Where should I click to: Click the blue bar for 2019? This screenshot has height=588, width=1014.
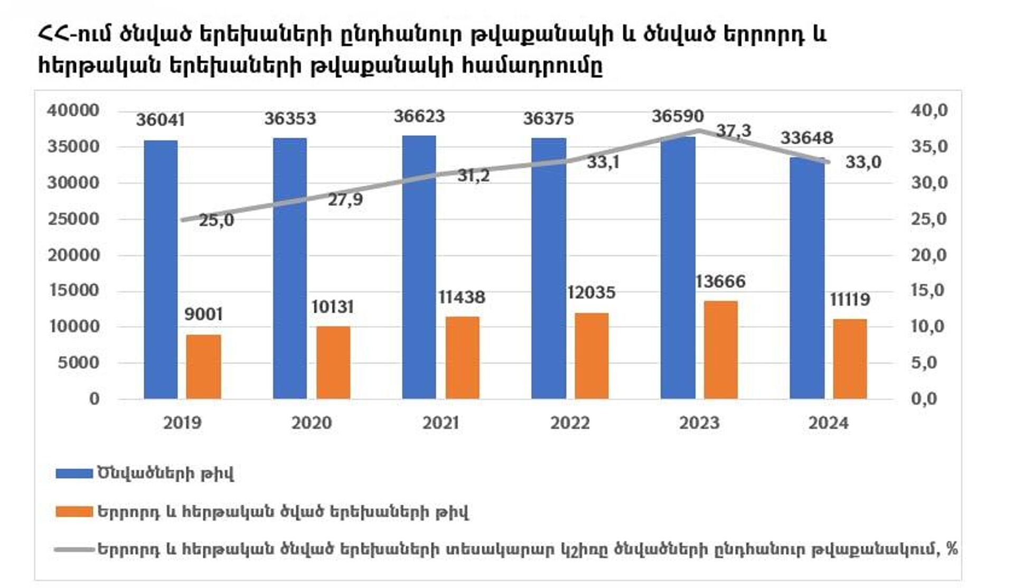161,269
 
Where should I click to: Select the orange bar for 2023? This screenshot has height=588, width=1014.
720,350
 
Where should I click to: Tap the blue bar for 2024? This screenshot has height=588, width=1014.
807,278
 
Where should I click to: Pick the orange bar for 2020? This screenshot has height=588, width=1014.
333,362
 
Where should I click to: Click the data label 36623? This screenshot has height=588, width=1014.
419,116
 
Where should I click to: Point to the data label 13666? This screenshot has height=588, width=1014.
720,282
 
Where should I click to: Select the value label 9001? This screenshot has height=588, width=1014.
203,314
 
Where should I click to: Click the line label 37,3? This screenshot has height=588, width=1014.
733,130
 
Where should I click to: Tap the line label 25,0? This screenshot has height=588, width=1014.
216,220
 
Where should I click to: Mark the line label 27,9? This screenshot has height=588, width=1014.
345,200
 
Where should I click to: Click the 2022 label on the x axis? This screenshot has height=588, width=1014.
570,423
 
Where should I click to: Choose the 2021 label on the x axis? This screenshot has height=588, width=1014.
440,423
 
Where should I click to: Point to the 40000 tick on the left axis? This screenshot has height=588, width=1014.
73,110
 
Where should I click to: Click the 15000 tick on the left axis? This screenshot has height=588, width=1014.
73,291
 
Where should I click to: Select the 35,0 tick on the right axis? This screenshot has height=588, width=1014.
929,146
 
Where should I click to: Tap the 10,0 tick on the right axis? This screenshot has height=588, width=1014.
929,326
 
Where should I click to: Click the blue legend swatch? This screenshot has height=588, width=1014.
74,473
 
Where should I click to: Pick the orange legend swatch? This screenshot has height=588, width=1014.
74,511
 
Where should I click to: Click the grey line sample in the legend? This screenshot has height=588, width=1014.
74,549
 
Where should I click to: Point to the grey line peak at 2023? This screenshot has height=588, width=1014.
699,130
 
